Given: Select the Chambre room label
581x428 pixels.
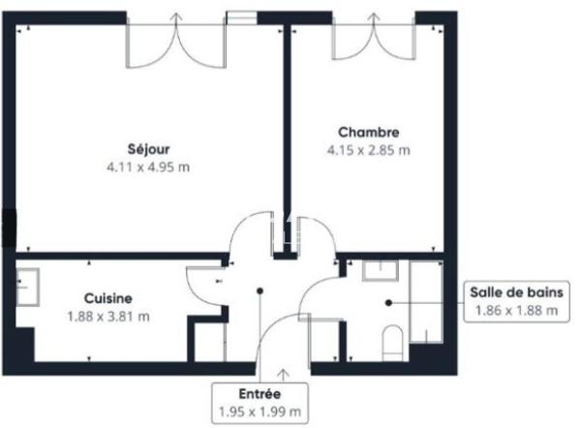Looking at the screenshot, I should point(368,132).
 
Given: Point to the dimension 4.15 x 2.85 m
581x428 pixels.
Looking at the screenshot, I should point(368,150).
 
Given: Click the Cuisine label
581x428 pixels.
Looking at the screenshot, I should point(107,298).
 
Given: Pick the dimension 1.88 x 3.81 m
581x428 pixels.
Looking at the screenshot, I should point(107,316).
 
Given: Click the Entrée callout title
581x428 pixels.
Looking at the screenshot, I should point(260,394).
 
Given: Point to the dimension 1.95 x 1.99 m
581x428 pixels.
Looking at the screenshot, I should point(260,413).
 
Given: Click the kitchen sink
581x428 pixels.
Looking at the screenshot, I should point(26,286).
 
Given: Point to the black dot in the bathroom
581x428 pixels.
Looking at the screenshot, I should point(388,302).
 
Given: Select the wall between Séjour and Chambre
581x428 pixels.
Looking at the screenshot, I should point(287,136).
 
